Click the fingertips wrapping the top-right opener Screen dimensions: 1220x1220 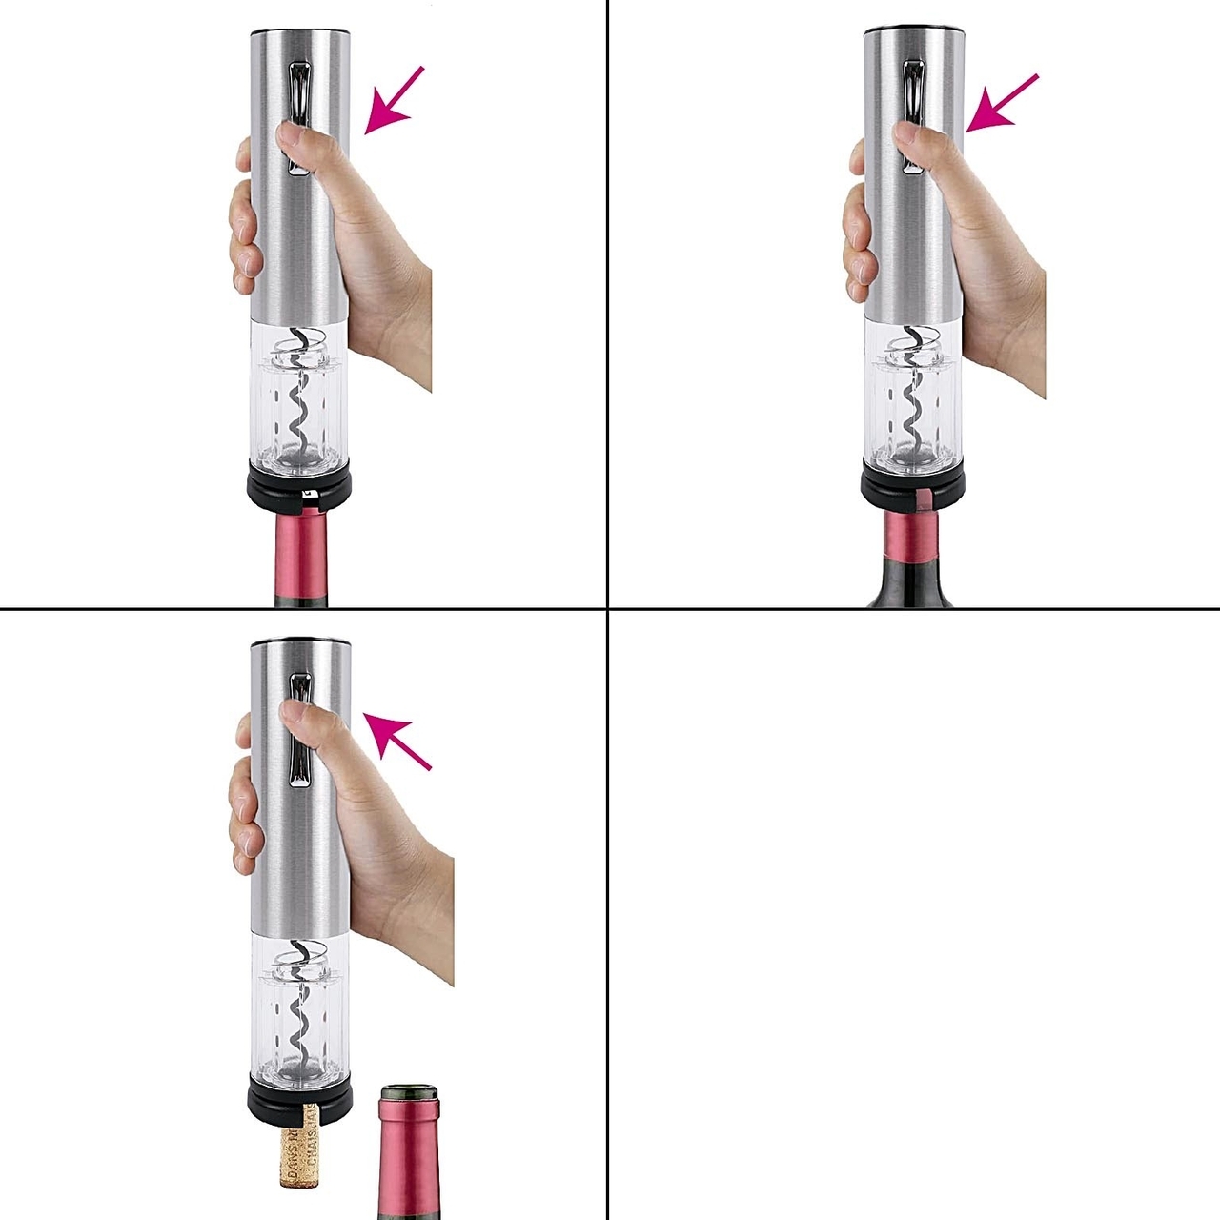(x=855, y=229)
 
